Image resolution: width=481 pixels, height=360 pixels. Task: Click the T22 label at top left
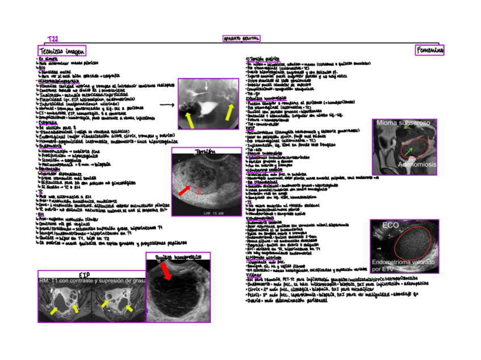[53, 39]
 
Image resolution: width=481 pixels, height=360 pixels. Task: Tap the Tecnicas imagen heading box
[62, 51]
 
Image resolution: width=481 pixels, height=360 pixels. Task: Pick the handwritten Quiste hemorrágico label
[178, 257]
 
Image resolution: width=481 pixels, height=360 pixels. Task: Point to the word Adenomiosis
[417, 164]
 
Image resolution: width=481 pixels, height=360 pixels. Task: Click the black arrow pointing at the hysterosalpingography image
[167, 105]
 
